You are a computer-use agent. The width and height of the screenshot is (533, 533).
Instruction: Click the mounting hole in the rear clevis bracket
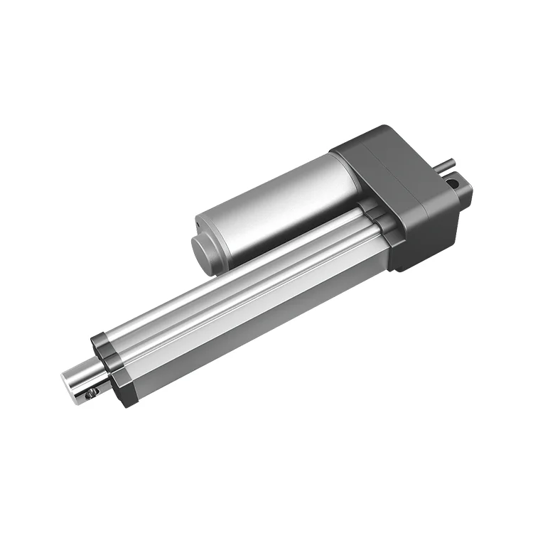point(452,183)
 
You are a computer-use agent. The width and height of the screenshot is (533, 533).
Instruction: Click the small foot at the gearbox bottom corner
point(401,267)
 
